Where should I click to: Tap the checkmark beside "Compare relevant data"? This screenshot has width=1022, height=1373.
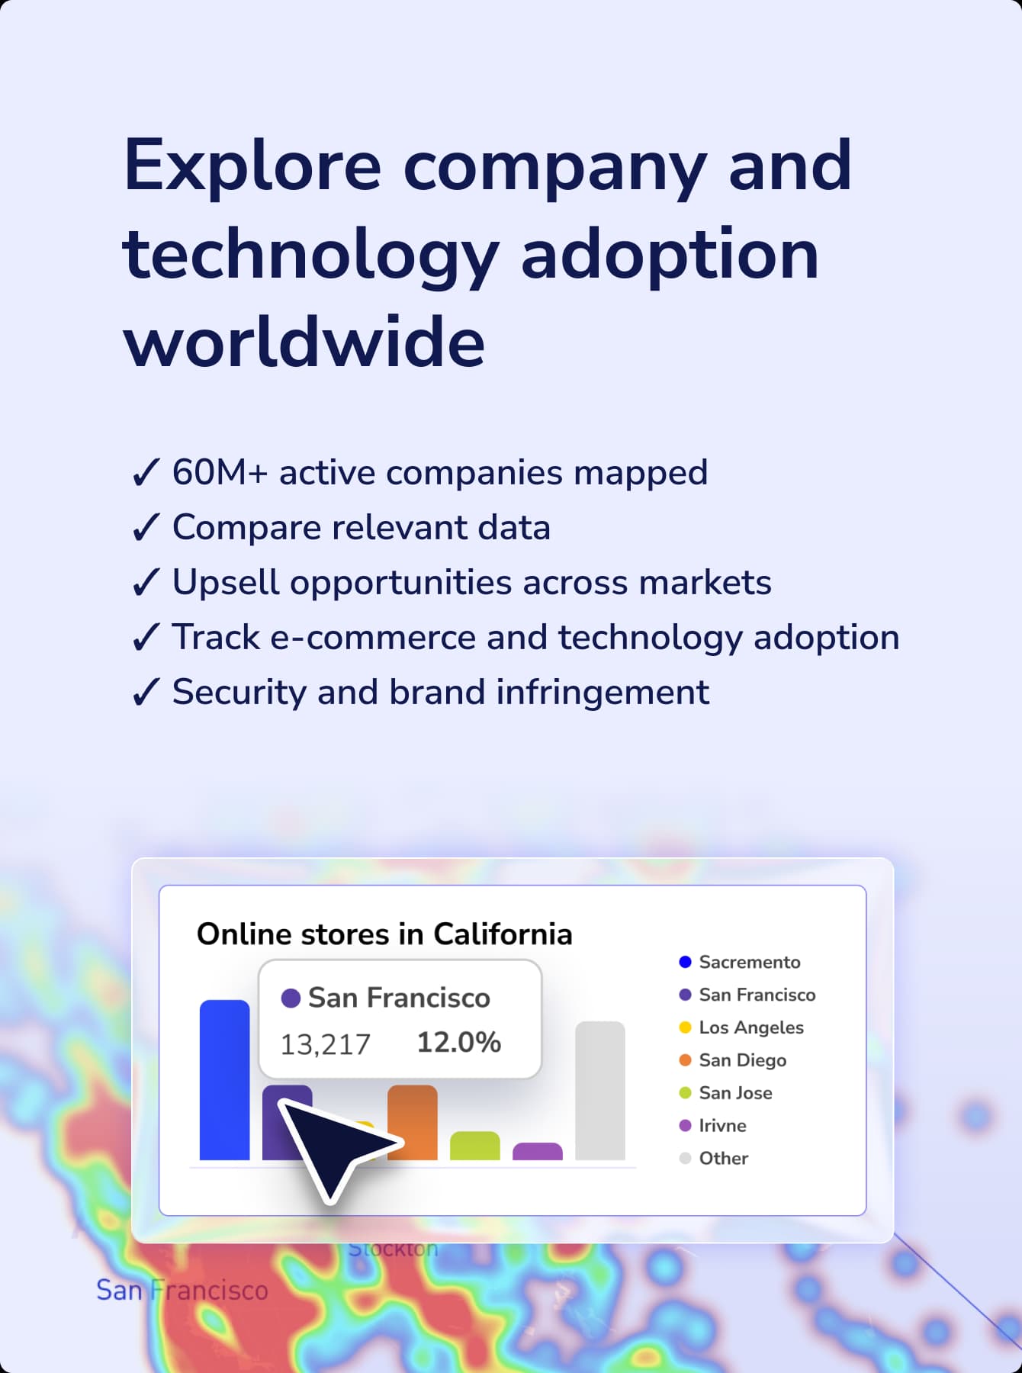coord(146,527)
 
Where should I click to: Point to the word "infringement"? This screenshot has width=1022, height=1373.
coord(603,693)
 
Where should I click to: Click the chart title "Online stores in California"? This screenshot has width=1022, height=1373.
coord(384,934)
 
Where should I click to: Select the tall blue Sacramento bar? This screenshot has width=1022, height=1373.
coord(224,1079)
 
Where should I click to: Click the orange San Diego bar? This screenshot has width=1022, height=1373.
coord(413,1122)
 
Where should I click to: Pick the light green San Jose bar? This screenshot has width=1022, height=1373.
coord(475,1146)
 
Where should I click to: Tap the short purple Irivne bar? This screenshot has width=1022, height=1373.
coord(538,1151)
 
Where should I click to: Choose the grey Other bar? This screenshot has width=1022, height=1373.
coord(600,1091)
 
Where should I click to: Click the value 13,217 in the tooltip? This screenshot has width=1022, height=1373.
coord(325,1044)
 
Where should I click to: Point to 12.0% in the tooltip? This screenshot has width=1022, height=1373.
coord(458,1042)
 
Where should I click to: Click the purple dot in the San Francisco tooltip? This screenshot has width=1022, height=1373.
coord(291,998)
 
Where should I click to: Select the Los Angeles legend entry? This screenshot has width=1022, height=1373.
coord(741,1027)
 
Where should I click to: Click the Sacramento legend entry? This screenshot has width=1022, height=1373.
coord(740,962)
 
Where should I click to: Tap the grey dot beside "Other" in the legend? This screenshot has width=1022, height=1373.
coord(685,1158)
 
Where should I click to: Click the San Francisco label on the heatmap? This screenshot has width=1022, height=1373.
coord(182,1290)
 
